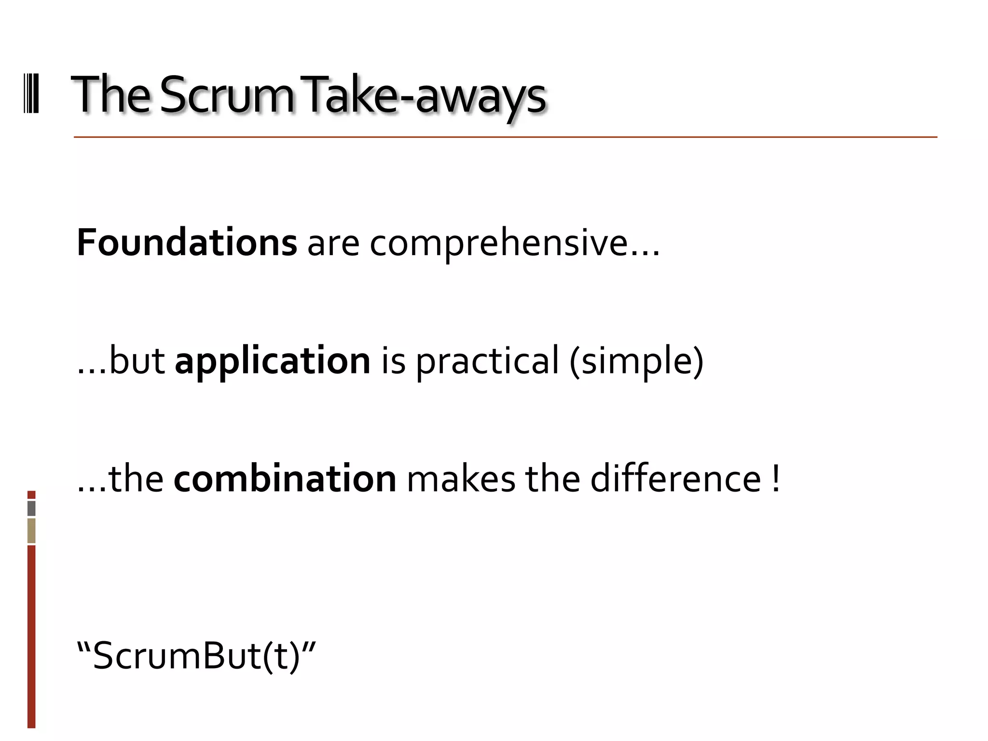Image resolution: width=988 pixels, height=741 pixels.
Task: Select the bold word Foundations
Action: (187, 243)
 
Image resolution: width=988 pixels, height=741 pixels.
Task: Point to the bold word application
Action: (273, 361)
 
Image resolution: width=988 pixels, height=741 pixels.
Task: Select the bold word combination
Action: (285, 479)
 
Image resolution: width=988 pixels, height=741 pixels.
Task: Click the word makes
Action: (461, 479)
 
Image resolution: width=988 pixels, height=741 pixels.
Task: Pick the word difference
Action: (676, 479)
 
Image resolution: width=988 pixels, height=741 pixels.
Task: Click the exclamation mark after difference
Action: (775, 479)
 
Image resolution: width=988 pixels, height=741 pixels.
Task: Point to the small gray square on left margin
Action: (31, 508)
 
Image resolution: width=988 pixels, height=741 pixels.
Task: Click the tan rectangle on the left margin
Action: (31, 531)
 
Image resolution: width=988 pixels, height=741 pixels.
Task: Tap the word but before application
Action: (137, 361)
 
